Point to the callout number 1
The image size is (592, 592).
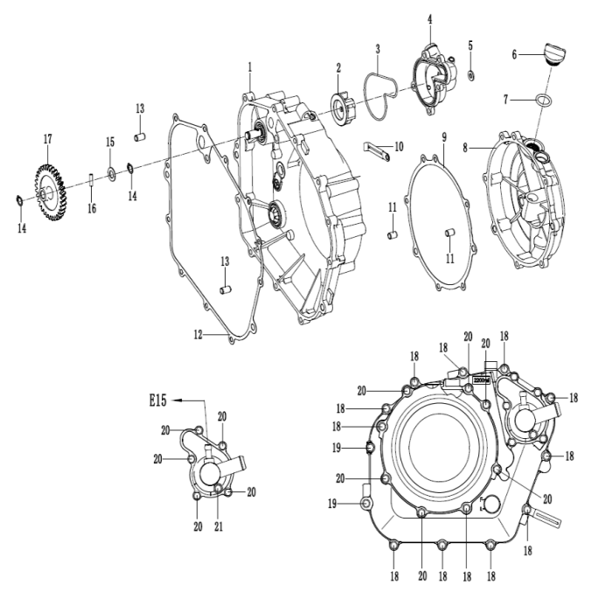pos(249,66)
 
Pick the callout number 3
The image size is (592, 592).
pos(377,48)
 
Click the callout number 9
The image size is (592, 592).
pos(444,138)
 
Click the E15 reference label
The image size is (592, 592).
pos(157,400)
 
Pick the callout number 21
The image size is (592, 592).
pos(218,526)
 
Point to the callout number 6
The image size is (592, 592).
pos(515,54)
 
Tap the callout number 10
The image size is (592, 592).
pos(399,146)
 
